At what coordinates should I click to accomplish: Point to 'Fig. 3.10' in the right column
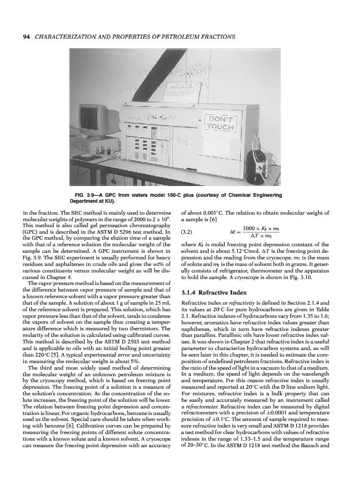tap(323, 278)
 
